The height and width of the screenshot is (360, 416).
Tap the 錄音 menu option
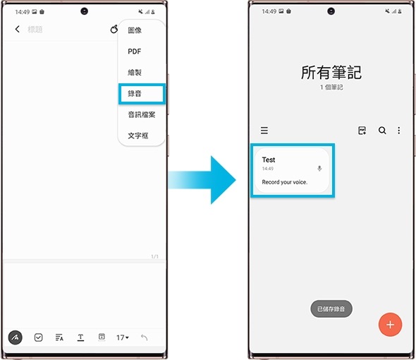pos(135,93)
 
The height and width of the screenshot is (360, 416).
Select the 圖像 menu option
pos(135,31)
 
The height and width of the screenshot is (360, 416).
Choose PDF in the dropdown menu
pos(135,52)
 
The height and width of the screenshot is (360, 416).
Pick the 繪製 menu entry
pos(135,72)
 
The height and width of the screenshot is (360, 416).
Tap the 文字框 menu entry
pos(138,135)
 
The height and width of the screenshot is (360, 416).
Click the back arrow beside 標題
pos(18,30)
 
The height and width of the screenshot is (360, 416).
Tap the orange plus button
pos(390,325)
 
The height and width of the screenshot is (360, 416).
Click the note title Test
pos(269,160)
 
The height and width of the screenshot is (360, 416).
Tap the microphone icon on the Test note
pos(319,169)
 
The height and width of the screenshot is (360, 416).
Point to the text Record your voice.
pos(285,182)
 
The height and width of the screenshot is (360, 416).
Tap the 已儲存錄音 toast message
pos(331,309)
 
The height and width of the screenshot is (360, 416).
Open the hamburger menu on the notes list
pos(264,131)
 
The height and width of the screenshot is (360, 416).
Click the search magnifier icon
pos(382,131)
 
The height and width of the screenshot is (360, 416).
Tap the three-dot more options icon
pos(399,131)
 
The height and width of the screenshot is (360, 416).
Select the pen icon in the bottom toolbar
pos(16,337)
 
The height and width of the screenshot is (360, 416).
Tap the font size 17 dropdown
pos(123,337)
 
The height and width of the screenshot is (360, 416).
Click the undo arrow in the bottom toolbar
pos(144,337)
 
